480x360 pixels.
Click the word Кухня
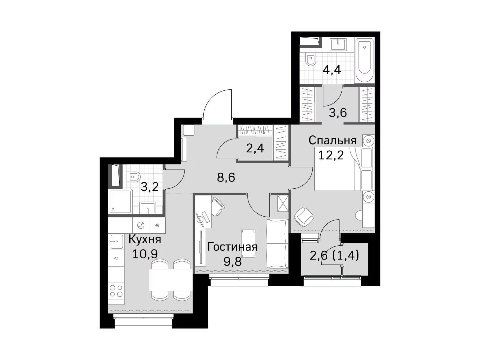click(x=145, y=240)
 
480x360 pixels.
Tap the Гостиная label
click(x=232, y=247)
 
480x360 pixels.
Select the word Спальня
click(x=332, y=140)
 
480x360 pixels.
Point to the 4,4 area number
click(x=332, y=70)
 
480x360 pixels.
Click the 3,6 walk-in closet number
click(x=338, y=113)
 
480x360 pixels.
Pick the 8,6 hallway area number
click(x=226, y=178)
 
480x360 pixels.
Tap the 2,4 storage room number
click(x=255, y=148)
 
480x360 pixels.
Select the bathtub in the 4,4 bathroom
click(x=364, y=60)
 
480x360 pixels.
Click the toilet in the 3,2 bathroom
click(x=133, y=177)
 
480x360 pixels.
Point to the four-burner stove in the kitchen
click(x=116, y=291)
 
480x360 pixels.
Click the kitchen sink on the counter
click(x=116, y=241)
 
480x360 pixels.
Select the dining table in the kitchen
click(x=170, y=280)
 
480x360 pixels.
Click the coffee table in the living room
click(x=248, y=243)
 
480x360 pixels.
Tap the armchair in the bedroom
click(x=304, y=217)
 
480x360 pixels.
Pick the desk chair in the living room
click(x=218, y=206)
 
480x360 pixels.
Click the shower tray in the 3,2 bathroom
click(x=121, y=202)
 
